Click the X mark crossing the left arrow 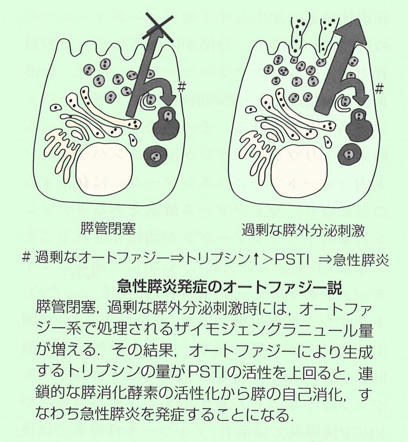159,27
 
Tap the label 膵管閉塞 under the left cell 108,228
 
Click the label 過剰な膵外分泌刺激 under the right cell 302,230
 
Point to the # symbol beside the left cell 181,87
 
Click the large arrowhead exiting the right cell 351,31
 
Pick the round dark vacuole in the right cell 350,154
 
